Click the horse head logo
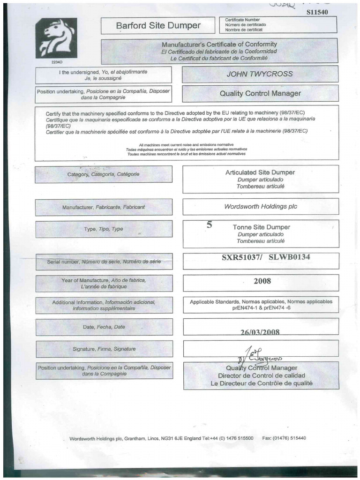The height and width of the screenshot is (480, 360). click(x=56, y=38)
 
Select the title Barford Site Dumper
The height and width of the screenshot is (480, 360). click(x=158, y=26)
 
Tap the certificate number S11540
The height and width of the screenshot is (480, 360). click(x=317, y=13)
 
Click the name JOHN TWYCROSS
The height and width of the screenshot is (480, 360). click(x=260, y=74)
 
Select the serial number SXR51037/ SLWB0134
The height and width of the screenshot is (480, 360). click(x=266, y=257)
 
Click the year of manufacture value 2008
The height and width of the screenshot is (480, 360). click(x=262, y=281)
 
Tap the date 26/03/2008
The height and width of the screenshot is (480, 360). click(x=260, y=332)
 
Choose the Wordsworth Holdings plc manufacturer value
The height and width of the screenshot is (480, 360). click(x=260, y=206)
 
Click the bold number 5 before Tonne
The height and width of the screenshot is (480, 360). click(x=210, y=225)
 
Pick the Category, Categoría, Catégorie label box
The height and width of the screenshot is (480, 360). click(x=103, y=174)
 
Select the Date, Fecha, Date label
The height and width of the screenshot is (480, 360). click(x=104, y=327)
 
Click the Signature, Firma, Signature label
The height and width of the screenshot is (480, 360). click(x=104, y=349)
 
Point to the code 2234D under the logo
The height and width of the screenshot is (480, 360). click(x=56, y=61)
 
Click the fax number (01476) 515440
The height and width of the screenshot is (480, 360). click(x=291, y=438)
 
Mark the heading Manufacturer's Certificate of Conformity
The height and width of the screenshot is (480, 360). click(x=219, y=44)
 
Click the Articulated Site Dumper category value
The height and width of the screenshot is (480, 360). click(x=260, y=172)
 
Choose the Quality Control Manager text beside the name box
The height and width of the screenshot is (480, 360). click(x=260, y=93)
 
